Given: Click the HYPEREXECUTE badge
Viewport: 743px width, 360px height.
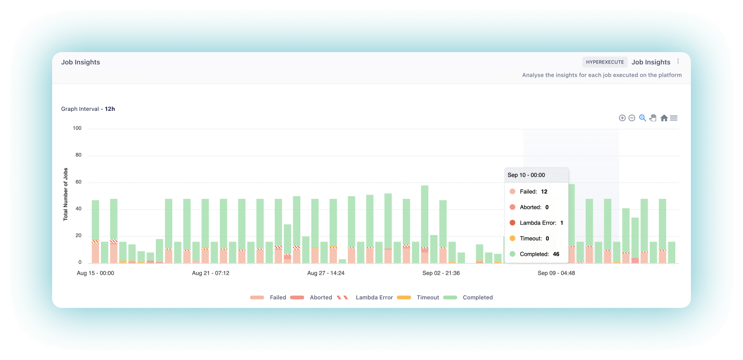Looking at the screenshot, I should coord(605,62).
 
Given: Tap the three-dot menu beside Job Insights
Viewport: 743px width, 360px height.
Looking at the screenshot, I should coord(678,62).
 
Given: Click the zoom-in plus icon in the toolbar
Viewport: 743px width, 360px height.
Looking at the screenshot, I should coord(622,118).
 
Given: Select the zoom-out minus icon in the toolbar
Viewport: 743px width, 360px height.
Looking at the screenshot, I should coord(632,118).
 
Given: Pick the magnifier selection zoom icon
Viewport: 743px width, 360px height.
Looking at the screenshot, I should coord(643,118).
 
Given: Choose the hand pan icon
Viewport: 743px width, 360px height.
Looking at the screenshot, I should coord(653,118).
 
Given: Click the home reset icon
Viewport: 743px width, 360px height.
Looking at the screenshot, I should coord(664,118).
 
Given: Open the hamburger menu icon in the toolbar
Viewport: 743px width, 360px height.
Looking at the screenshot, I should coord(673,118).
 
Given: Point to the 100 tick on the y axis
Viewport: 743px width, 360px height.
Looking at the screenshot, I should coord(77,128).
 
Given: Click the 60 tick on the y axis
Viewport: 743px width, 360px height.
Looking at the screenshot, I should coord(78,182).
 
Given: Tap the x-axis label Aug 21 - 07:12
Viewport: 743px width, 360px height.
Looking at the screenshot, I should coord(210,273).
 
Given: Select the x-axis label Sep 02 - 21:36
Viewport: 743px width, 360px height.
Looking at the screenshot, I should coord(441,273).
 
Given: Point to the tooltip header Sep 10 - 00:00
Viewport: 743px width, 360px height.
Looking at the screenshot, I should coord(526,175).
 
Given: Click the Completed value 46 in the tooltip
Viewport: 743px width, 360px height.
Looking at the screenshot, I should coord(556,254).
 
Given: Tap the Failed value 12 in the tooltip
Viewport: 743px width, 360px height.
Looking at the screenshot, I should coord(544,192).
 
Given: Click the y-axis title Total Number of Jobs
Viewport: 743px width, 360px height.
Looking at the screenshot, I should coord(66,194).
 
